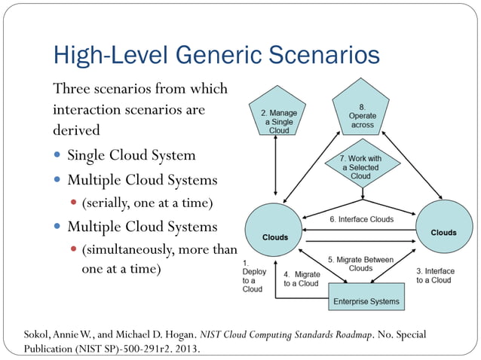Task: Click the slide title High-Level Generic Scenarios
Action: pos(216,55)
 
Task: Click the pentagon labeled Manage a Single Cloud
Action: pos(278,119)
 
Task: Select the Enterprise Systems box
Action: pos(366,301)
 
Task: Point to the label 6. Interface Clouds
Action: pos(361,219)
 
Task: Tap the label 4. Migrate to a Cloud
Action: pos(301,279)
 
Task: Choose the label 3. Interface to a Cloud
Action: pos(435,275)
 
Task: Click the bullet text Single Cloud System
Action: pos(131,156)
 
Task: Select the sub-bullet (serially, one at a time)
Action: pos(147,203)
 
